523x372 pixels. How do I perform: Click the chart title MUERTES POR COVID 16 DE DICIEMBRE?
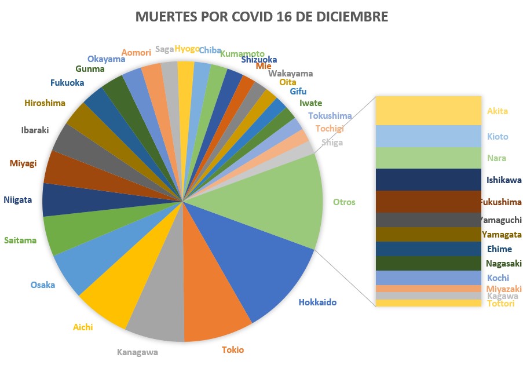pos(261,17)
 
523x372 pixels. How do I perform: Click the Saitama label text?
pos(20,240)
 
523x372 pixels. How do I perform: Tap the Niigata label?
pos(17,200)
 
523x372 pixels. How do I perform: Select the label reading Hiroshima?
pos(45,103)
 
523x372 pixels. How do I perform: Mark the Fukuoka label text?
pos(67,82)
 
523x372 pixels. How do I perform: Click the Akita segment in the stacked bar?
pos(428,110)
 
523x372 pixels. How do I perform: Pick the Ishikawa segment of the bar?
pos(428,180)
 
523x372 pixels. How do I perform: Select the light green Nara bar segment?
pos(428,158)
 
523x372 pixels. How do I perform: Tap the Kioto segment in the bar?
pos(428,136)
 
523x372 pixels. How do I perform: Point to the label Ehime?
pos(499,249)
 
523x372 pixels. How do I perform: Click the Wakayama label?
pos(291,74)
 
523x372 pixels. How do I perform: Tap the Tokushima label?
pos(330,116)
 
